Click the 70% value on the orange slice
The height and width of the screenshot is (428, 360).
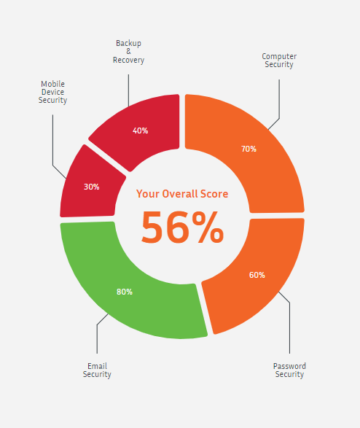pyautogui.click(x=249, y=149)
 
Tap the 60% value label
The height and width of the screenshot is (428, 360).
pyautogui.click(x=257, y=275)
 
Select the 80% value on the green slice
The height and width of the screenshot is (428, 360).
pyautogui.click(x=125, y=292)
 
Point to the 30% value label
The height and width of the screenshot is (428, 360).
pyautogui.click(x=91, y=187)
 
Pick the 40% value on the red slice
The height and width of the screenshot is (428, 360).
pyautogui.click(x=140, y=131)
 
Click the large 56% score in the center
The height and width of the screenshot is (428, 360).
pyautogui.click(x=182, y=227)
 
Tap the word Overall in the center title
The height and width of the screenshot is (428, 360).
pyautogui.click(x=180, y=194)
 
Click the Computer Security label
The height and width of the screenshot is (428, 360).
pyautogui.click(x=279, y=61)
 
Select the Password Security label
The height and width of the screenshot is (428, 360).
pyautogui.click(x=289, y=370)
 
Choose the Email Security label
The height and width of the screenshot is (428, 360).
pyautogui.click(x=97, y=370)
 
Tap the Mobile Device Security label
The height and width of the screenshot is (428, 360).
pyautogui.click(x=52, y=92)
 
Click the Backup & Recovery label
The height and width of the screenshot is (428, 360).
pyautogui.click(x=128, y=51)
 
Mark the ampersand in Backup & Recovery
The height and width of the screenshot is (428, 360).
pyautogui.click(x=128, y=51)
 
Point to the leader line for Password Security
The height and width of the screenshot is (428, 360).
pyautogui.click(x=289, y=322)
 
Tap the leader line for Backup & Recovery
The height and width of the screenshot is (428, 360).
pyautogui.click(x=128, y=90)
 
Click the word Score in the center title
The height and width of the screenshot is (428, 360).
pyautogui.click(x=214, y=194)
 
